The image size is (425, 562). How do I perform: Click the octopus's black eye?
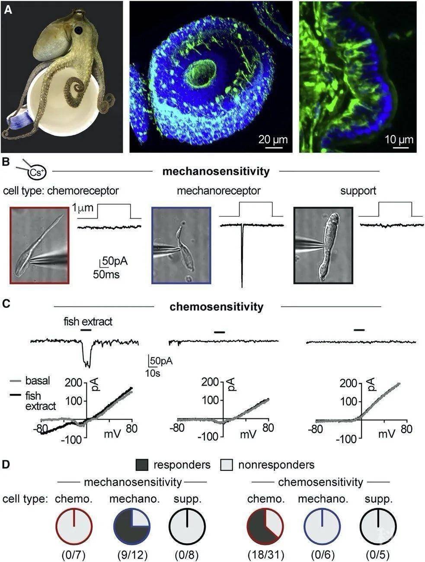78,30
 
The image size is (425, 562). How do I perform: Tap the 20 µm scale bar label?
273,139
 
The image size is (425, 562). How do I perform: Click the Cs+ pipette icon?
35,172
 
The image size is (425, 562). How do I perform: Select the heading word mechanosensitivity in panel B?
216,171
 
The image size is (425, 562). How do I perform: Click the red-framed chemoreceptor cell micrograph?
39,245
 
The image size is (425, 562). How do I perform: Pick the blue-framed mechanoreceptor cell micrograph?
181,245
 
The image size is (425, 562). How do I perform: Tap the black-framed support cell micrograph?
323,245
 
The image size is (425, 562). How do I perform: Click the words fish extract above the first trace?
88,321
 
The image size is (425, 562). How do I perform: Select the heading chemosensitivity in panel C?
216,307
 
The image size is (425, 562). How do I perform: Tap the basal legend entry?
38,381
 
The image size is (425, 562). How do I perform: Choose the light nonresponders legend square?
227,465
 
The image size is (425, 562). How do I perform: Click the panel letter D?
6,464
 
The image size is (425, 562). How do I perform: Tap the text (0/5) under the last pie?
378,554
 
